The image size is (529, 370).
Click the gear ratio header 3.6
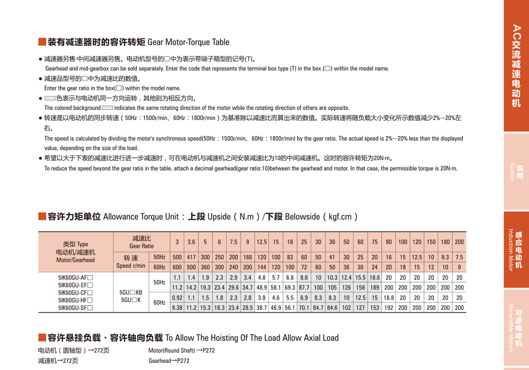pyautogui.click(x=192, y=242)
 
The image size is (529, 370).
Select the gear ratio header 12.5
pyautogui.click(x=262, y=242)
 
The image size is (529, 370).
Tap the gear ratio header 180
pyautogui.click(x=445, y=242)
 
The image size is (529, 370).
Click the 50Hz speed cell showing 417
pyautogui.click(x=192, y=257)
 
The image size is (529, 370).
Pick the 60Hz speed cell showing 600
pyautogui.click(x=177, y=267)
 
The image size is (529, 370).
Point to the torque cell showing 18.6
pyautogui.click(x=375, y=277)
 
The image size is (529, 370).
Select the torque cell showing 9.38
pyautogui.click(x=177, y=307)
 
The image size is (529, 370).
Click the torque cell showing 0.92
pyautogui.click(x=177, y=297)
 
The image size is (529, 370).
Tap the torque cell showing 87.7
pyautogui.click(x=304, y=287)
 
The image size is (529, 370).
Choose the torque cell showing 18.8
pyautogui.click(x=389, y=297)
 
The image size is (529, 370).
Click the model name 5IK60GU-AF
pyautogui.click(x=76, y=277)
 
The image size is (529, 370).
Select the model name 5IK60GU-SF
pyautogui.click(x=76, y=307)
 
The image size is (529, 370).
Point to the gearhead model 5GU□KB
pyautogui.click(x=131, y=292)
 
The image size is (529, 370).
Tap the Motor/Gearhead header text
pyautogui.click(x=76, y=260)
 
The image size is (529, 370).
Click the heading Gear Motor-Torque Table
pyautogui.click(x=188, y=42)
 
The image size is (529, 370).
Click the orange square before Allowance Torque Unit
pyautogui.click(x=42, y=217)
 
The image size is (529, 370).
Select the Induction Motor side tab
pyautogui.click(x=516, y=249)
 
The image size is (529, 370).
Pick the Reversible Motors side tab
pyautogui.click(x=516, y=328)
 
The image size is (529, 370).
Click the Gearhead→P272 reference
pyautogui.click(x=169, y=361)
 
